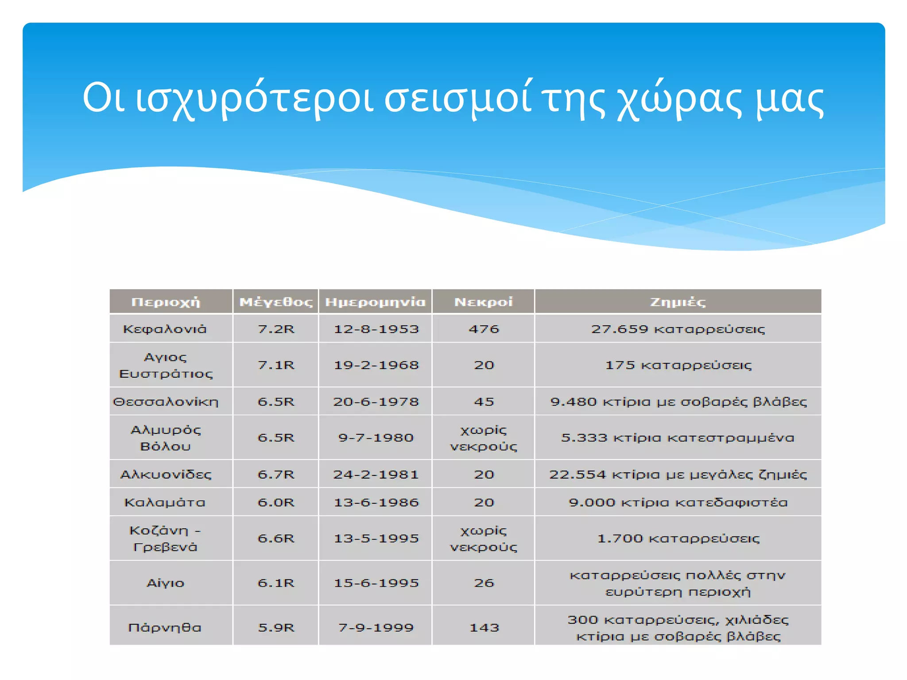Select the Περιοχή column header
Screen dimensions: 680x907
tap(166, 302)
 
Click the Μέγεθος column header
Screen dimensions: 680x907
tap(276, 302)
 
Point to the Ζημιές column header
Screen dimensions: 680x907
tap(678, 302)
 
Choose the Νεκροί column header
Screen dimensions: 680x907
tap(484, 302)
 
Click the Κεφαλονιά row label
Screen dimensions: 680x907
tap(165, 329)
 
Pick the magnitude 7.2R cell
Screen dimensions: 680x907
tap(276, 329)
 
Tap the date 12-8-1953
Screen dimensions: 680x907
tap(376, 329)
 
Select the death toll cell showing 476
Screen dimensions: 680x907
tap(484, 329)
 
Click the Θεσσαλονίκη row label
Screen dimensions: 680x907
tap(166, 402)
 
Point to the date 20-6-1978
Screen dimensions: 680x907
tap(376, 402)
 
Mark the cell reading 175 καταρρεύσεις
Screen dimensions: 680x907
tap(678, 365)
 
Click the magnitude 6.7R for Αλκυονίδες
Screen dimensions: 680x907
tap(276, 474)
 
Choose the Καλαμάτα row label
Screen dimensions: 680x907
tap(165, 502)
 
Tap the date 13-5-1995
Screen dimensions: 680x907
tap(376, 538)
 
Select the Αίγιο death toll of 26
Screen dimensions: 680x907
tap(484, 583)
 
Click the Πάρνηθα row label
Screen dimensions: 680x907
tap(165, 627)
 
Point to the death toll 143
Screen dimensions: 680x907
tap(484, 627)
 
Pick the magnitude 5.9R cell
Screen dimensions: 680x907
tap(276, 627)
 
